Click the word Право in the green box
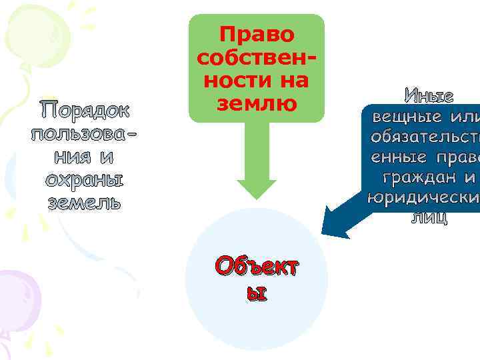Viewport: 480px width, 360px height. pos(257,34)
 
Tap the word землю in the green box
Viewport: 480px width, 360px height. pos(257,103)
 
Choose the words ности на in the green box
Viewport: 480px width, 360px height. pos(257,81)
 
